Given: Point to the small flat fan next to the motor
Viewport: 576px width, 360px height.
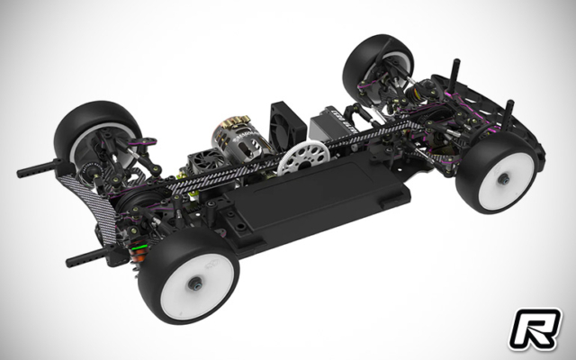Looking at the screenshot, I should tap(203, 163).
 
